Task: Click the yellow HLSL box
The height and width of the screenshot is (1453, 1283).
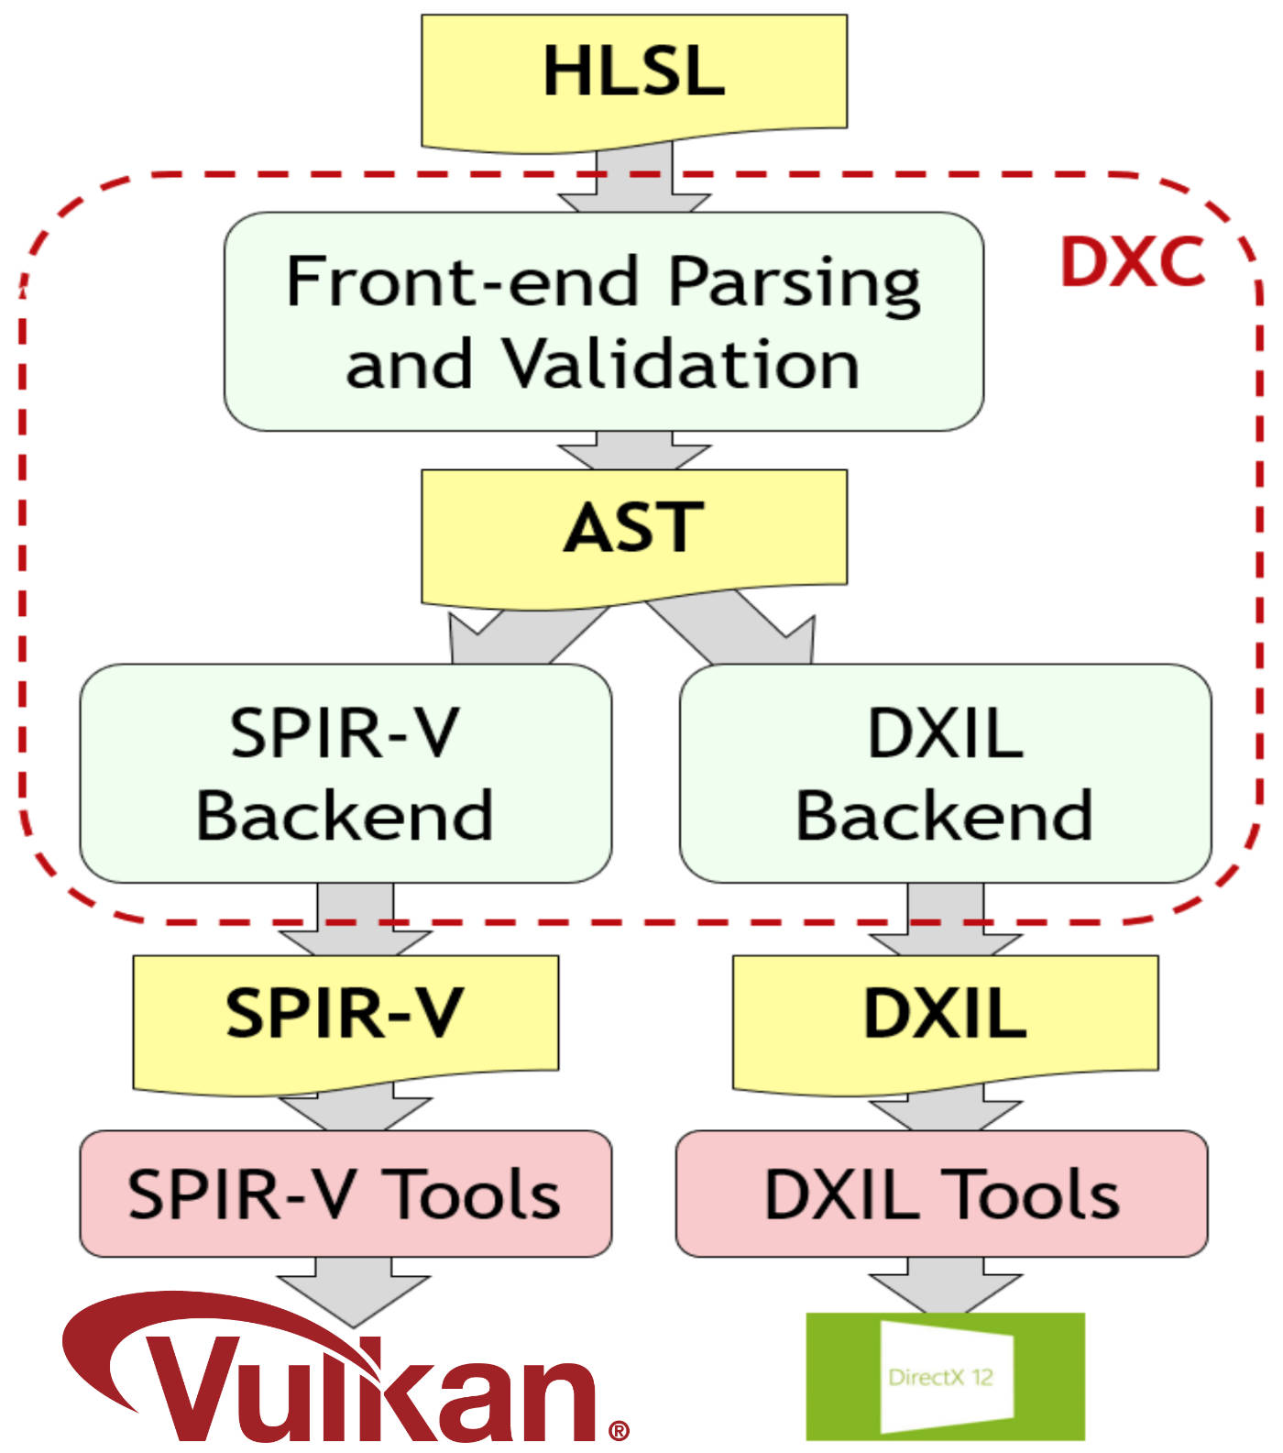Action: [634, 81]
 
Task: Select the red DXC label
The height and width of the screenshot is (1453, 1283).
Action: [1132, 262]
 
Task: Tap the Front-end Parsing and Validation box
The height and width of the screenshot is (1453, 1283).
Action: [604, 322]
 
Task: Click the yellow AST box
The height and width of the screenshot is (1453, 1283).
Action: [634, 536]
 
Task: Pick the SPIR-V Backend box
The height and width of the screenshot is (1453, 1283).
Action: [345, 774]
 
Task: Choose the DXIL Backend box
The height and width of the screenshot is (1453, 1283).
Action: [945, 774]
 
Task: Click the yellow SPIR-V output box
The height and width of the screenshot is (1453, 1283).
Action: [345, 1023]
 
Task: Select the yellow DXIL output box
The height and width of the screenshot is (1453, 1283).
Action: [945, 1023]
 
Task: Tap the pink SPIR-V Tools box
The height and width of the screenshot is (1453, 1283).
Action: [345, 1194]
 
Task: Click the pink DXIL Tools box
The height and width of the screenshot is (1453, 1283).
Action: [942, 1194]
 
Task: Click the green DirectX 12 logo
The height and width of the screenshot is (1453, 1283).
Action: [945, 1376]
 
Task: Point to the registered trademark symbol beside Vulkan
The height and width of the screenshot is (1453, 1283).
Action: [619, 1430]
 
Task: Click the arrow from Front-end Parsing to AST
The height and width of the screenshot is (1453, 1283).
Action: [634, 451]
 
